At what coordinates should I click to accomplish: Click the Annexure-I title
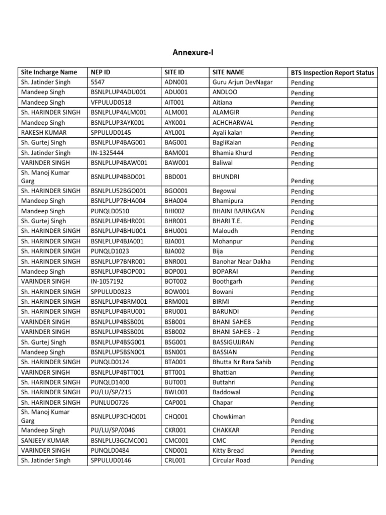[193, 52]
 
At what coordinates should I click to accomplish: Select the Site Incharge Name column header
[49, 72]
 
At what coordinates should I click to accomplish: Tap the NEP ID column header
[101, 72]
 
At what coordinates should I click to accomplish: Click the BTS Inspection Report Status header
[332, 72]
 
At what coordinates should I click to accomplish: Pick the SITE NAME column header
[228, 72]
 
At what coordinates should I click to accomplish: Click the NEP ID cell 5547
[98, 82]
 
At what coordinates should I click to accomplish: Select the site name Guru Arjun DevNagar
[242, 82]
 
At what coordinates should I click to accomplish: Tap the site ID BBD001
[176, 177]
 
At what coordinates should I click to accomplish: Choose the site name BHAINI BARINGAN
[238, 211]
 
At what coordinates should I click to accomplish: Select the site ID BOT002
[175, 282]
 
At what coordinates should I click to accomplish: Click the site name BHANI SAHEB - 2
[238, 332]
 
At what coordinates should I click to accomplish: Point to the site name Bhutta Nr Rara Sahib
[242, 362]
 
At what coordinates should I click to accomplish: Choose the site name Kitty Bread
[228, 451]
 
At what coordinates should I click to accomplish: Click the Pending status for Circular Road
[302, 461]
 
